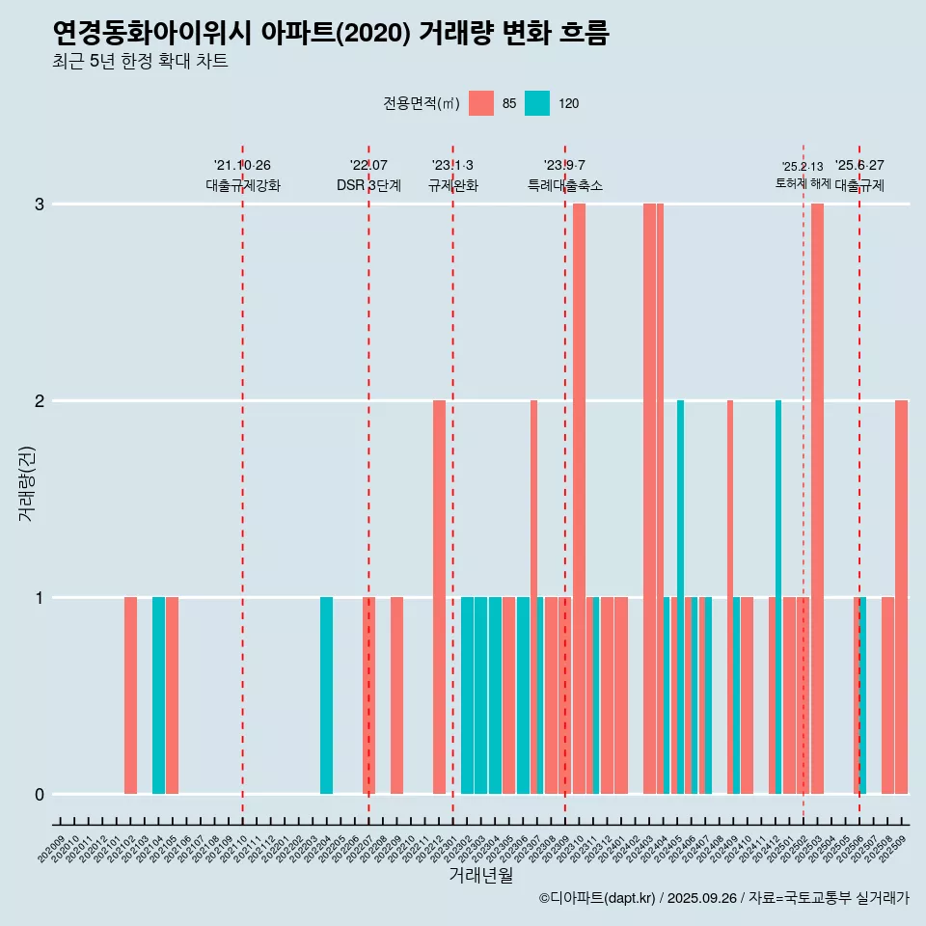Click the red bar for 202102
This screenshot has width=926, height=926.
coord(130,695)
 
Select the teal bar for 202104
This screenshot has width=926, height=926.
coord(158,695)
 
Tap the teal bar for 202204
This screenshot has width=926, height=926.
coord(326,695)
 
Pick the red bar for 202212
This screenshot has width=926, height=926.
coord(439,597)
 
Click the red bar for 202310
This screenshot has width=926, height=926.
coord(579,499)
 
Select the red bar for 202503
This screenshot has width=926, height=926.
coord(817,499)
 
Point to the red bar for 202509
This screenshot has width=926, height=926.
coord(901,597)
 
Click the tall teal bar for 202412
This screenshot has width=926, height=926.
coord(778,597)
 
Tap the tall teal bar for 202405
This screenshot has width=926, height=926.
coord(680,597)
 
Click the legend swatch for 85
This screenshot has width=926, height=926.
coord(480,104)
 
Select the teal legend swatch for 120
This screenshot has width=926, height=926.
coord(537,104)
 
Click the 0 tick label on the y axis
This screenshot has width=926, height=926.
coord(41,794)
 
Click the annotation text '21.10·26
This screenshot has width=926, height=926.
coord(242,165)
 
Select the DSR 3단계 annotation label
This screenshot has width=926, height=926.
coord(368,185)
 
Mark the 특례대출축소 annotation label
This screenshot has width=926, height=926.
coord(565,185)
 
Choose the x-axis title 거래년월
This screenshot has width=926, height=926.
coord(480,876)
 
